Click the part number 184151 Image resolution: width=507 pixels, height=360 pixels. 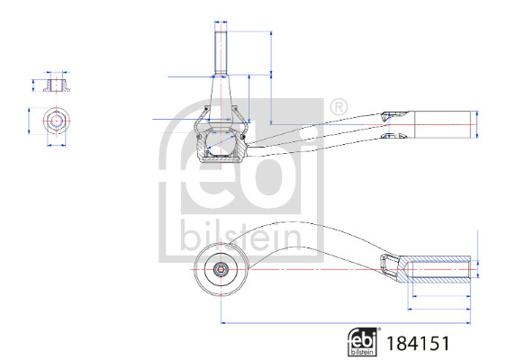[x=419, y=343]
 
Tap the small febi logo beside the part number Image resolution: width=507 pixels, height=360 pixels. [x=363, y=342]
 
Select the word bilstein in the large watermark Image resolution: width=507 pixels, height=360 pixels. [x=240, y=237]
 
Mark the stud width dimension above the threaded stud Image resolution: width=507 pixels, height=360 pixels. [x=220, y=21]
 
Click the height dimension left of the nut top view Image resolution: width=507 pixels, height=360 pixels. [x=30, y=121]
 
